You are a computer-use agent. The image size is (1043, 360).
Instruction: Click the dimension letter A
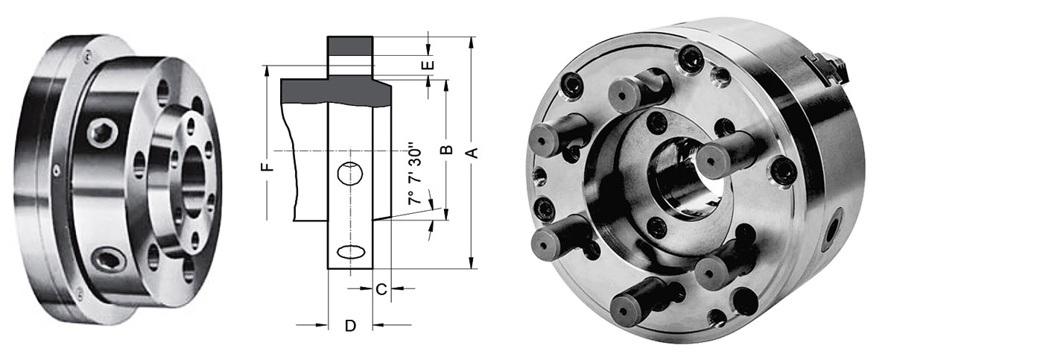point(472,152)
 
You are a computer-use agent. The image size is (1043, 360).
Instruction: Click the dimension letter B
point(446,150)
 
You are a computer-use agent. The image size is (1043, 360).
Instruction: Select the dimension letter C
point(381,290)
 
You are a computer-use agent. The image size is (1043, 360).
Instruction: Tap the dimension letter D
point(351,326)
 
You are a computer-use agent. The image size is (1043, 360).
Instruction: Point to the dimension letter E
point(428,65)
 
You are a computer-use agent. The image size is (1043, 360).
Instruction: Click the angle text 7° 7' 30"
point(415,174)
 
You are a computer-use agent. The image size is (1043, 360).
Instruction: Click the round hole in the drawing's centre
point(350,174)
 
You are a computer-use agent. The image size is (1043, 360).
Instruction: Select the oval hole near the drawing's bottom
point(351,252)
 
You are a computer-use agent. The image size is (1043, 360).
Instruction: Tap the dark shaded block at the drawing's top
point(350,46)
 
